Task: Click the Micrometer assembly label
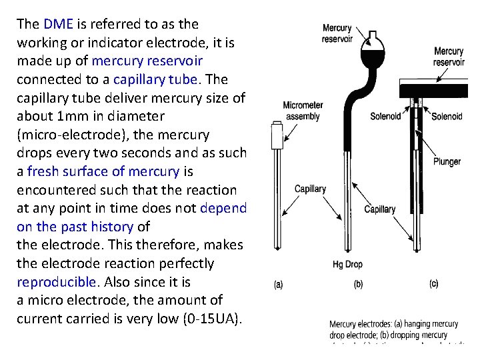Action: (x=303, y=111)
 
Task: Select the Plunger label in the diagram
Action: (x=446, y=162)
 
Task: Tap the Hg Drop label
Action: (x=347, y=264)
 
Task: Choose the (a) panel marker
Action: (x=279, y=285)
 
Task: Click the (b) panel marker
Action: (x=358, y=285)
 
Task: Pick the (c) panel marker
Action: (x=434, y=285)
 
